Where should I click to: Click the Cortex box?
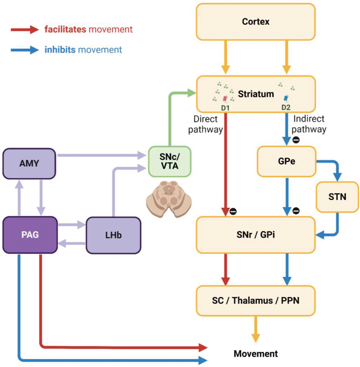pos(256,22)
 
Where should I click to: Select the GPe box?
pos(287,161)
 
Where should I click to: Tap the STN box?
pos(337,197)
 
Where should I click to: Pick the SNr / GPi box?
pos(256,235)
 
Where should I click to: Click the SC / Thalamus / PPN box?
pos(256,300)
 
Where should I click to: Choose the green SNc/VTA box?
pos(170,161)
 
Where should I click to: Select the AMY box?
pos(29,164)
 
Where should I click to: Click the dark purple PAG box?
pos(30,235)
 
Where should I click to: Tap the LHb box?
pos(114,235)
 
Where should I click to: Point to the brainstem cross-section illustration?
pos(169,199)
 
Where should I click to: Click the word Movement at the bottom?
pos(256,354)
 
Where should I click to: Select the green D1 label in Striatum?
pos(225,108)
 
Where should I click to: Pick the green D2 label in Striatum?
pos(286,108)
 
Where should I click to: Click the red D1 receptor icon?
pos(225,99)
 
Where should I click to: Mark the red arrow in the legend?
pos(25,29)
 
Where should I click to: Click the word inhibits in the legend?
pos(60,50)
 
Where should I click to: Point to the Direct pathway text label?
pos(205,124)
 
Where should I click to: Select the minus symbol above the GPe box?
pos(296,140)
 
